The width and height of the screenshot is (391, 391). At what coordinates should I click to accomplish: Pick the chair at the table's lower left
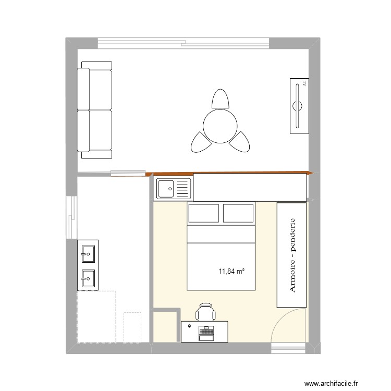click(199, 141)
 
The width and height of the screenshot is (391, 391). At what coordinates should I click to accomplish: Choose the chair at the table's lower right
click(241, 141)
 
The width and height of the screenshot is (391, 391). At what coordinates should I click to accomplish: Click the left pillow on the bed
click(203, 214)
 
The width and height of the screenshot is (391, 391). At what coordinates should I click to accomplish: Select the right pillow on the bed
click(239, 214)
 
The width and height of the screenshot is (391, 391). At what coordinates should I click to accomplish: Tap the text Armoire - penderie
click(291, 255)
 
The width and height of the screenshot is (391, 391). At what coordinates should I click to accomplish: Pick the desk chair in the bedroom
click(205, 313)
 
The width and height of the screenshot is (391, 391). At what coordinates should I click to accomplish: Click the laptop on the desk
click(206, 331)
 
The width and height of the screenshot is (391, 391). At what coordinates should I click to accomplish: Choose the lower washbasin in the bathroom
click(88, 279)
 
